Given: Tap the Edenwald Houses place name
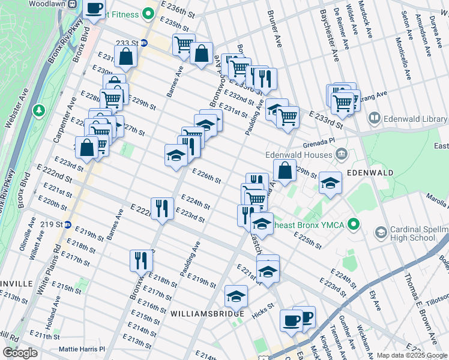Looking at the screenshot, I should tap(298, 155).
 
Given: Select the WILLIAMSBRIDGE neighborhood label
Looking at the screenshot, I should tap(207, 314).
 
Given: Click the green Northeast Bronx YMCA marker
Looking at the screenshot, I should tap(354, 225).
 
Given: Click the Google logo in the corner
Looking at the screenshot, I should tap(20, 353).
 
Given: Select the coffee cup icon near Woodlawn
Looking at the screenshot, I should tap(94, 9).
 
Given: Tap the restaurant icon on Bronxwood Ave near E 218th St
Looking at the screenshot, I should tap(142, 260).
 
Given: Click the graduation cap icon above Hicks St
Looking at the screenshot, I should tap(237, 296).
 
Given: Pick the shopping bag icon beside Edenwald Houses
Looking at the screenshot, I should tap(285, 170).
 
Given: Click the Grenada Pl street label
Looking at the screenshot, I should tap(318, 143).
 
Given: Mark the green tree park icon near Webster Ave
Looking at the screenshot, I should tap(39, 110).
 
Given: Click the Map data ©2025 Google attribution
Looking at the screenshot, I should tap(412, 355).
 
